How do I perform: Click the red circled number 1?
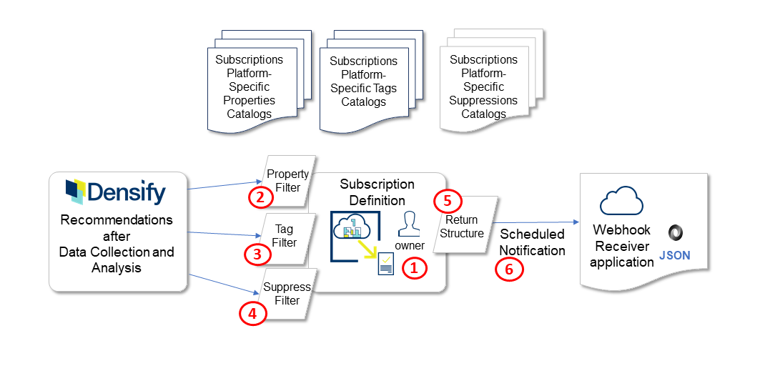[414, 269]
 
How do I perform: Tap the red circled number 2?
[260, 197]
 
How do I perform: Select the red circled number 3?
[256, 254]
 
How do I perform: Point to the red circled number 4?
[252, 312]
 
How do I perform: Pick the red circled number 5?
[447, 202]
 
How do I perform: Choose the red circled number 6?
[510, 269]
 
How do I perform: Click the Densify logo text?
[126, 193]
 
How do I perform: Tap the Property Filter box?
[287, 180]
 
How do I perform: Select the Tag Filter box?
[285, 236]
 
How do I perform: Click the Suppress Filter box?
[287, 294]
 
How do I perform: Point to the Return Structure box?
[462, 226]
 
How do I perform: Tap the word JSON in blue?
[675, 255]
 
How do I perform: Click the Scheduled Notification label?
[532, 242]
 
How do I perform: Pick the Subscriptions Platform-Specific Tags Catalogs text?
[363, 81]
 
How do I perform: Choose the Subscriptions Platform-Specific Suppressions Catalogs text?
[483, 86]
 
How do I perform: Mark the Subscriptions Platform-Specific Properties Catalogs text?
[249, 86]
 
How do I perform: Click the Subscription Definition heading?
[377, 192]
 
